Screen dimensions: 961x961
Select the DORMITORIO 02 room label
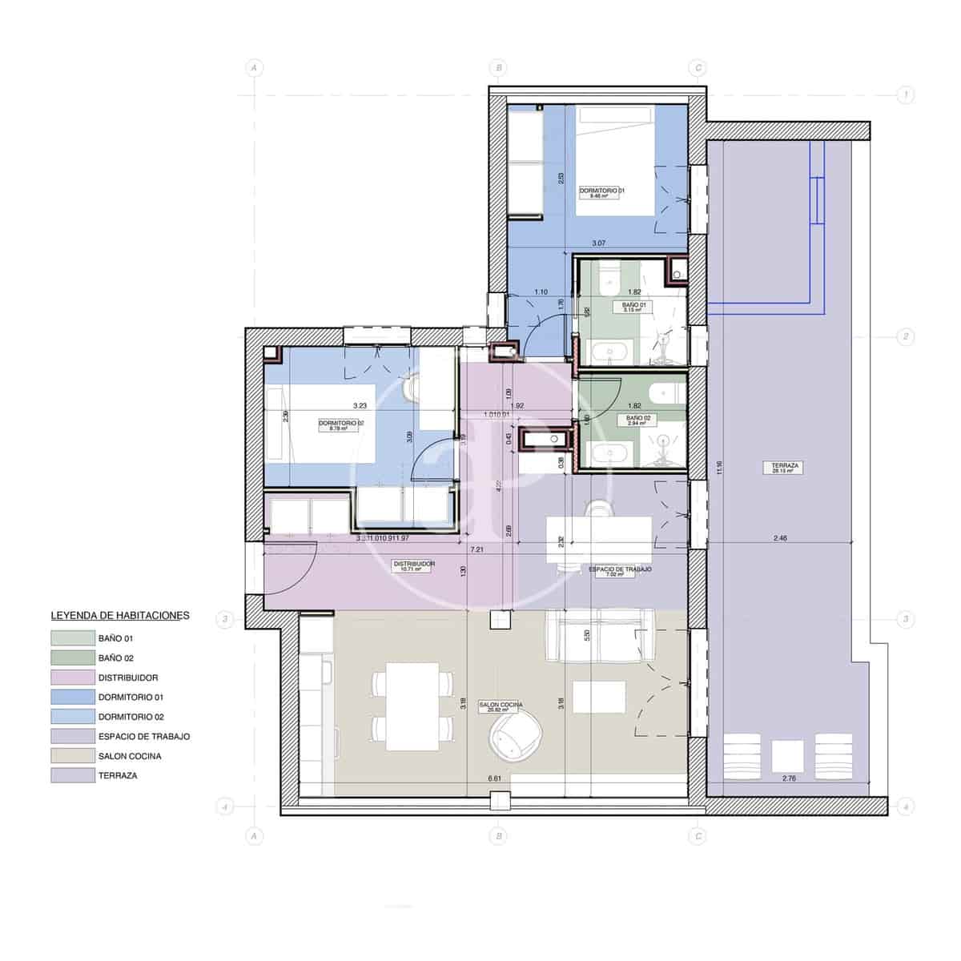[x=341, y=424]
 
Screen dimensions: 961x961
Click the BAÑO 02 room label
[x=633, y=419]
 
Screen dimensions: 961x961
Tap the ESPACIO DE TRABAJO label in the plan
[x=620, y=569]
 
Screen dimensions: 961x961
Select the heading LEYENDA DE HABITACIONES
[x=120, y=616]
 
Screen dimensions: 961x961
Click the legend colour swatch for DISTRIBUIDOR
[x=73, y=678]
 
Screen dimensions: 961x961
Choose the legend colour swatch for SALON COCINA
[x=73, y=756]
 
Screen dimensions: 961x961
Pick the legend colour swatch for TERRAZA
[x=73, y=775]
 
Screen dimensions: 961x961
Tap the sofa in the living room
[x=600, y=636]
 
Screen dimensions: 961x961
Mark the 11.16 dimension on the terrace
[x=720, y=467]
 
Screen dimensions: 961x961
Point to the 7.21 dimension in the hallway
[x=476, y=550]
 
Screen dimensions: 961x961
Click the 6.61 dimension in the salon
[x=494, y=778]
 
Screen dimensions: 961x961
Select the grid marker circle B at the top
[x=499, y=68]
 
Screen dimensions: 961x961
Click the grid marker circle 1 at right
[x=905, y=95]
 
